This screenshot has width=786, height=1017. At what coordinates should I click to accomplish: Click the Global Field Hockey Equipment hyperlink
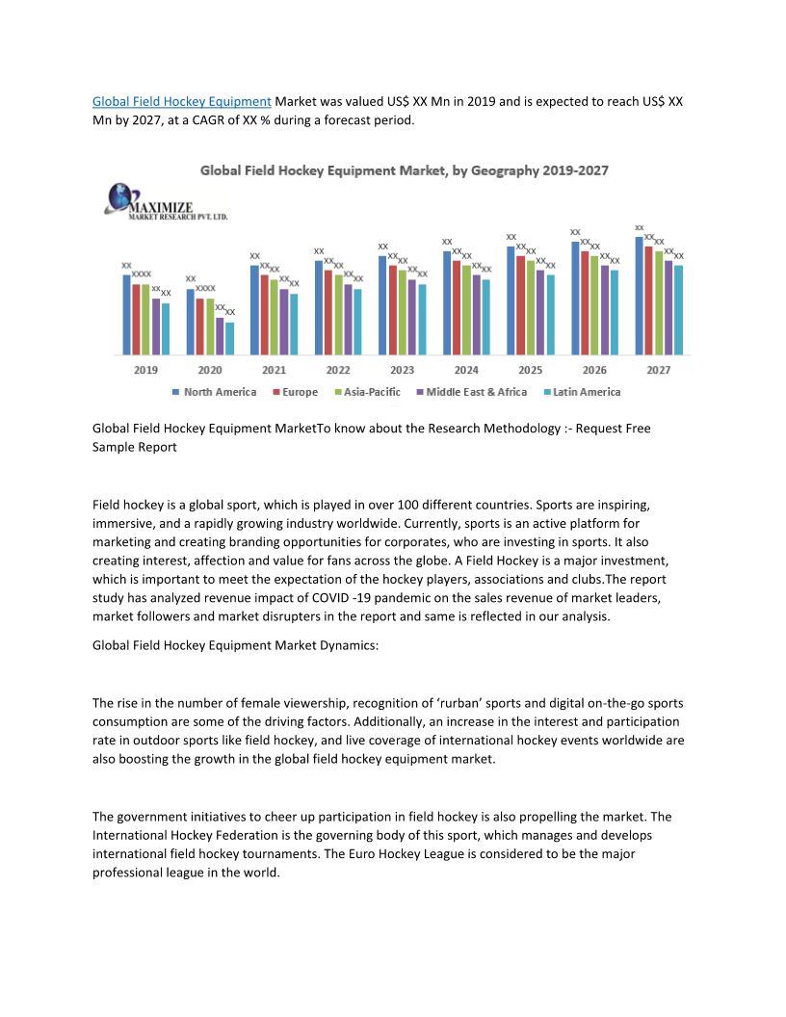click(x=182, y=101)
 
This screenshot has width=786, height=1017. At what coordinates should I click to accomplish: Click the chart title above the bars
click(x=404, y=170)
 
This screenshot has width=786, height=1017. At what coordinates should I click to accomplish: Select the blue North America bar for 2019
click(x=126, y=314)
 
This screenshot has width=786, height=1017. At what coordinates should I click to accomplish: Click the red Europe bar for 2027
click(x=649, y=299)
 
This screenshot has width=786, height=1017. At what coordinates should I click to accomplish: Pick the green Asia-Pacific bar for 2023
click(x=403, y=311)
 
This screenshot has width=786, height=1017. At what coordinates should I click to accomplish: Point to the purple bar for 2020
click(x=220, y=335)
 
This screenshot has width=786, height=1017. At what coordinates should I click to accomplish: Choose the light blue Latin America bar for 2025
click(x=551, y=314)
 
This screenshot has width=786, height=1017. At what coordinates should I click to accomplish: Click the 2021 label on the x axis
click(x=274, y=370)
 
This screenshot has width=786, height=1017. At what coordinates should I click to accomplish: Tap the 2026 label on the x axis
click(x=594, y=370)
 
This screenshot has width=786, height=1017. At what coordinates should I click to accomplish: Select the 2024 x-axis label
click(x=466, y=370)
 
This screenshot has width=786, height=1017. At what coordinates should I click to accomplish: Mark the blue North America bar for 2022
click(x=319, y=306)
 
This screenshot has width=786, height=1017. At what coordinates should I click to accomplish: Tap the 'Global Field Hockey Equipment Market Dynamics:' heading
click(x=235, y=646)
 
